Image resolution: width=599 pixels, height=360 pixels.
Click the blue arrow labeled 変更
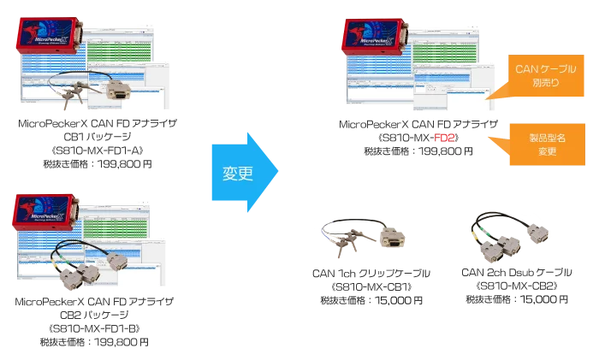click(245, 172)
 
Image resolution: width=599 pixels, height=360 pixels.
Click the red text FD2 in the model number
click(444, 138)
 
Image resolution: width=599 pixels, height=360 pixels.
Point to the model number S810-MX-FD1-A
click(98, 150)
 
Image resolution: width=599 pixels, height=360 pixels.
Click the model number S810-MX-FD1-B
click(94, 328)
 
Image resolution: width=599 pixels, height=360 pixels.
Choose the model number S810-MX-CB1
click(371, 286)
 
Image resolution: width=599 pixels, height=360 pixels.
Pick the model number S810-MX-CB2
click(517, 286)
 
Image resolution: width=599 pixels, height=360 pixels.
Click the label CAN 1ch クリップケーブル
click(371, 274)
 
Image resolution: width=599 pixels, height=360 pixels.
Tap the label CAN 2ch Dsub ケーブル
click(517, 272)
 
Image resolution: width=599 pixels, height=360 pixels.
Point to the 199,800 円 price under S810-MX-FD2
click(446, 151)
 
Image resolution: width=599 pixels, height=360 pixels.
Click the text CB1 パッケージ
click(98, 137)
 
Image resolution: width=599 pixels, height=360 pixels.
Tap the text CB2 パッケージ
click(94, 315)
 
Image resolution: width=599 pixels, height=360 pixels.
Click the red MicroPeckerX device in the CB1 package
click(50, 36)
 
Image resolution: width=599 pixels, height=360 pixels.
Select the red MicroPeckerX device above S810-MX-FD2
click(375, 38)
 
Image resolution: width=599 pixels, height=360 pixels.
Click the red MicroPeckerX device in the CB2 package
click(46, 212)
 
